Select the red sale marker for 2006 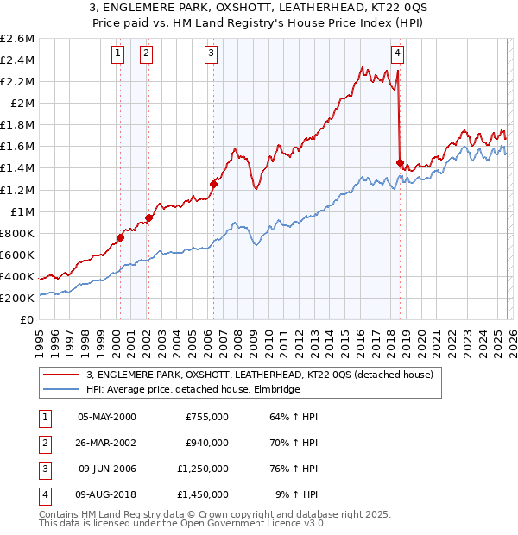[213, 184]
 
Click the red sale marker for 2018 [399, 162]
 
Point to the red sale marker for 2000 [120, 237]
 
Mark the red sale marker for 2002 [148, 217]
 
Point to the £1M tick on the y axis [21, 211]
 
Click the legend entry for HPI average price [193, 390]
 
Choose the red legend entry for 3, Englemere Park [264, 374]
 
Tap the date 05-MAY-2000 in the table [107, 417]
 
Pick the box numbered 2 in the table [43, 444]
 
